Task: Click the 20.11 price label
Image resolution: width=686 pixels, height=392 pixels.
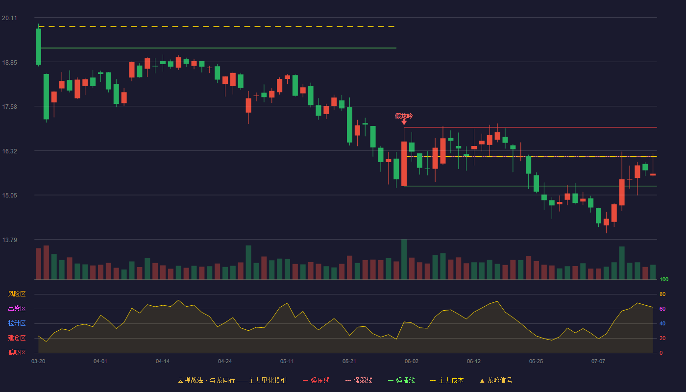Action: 9,18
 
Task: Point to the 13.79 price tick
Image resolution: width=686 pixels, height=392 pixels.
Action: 9,240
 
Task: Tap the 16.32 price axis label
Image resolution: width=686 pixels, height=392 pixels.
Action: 9,151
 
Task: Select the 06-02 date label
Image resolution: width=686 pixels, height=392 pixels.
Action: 411,362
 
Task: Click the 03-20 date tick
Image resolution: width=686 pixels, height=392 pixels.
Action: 38,362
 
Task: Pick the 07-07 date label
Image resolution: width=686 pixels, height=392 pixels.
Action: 598,362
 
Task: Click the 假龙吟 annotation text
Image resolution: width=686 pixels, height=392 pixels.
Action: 404,116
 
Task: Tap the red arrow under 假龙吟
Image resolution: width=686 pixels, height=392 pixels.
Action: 404,122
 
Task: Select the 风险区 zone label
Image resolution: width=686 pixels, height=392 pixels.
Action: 17,294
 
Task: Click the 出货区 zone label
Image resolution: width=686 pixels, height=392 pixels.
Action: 17,308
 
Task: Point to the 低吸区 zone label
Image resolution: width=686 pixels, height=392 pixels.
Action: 17,352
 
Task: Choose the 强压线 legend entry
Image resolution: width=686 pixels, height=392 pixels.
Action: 316,380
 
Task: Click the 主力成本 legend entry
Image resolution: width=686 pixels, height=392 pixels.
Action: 447,380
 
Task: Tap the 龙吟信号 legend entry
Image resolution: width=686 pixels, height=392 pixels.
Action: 496,380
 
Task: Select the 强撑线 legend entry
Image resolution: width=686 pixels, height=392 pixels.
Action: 401,380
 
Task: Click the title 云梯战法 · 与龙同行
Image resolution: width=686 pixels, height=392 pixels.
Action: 206,380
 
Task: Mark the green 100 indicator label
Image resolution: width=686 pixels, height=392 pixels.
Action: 664,279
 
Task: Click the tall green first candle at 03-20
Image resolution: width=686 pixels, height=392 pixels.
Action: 38,47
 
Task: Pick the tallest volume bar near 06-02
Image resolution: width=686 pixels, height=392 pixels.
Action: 404,259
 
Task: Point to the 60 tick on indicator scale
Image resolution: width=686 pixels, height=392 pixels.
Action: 662,309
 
